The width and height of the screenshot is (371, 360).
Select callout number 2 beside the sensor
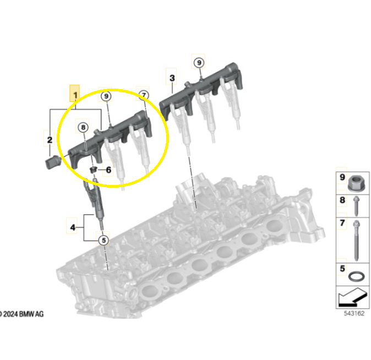click(50, 140)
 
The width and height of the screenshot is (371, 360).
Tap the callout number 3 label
click(172, 78)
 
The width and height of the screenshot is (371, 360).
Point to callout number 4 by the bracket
click(73, 227)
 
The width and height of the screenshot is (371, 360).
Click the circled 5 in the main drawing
click(103, 240)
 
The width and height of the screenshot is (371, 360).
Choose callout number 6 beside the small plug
click(108, 170)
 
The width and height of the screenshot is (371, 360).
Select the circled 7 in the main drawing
click(144, 95)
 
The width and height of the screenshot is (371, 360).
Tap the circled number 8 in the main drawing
click(83, 127)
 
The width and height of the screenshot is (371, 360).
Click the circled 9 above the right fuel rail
click(199, 63)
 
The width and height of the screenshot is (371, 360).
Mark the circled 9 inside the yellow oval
click(106, 96)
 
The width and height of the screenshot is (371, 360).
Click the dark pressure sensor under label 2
click(52, 162)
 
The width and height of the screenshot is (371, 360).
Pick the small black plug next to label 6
click(94, 170)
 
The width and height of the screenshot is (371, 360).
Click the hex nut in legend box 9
click(356, 183)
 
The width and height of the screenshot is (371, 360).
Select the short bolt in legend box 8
click(356, 206)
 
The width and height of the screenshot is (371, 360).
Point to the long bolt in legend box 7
click(356, 240)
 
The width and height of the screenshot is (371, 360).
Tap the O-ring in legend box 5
click(356, 276)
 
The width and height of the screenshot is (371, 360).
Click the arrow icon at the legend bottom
click(353, 297)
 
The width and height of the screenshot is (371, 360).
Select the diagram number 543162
click(354, 313)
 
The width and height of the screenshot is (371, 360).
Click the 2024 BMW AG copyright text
click(22, 314)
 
